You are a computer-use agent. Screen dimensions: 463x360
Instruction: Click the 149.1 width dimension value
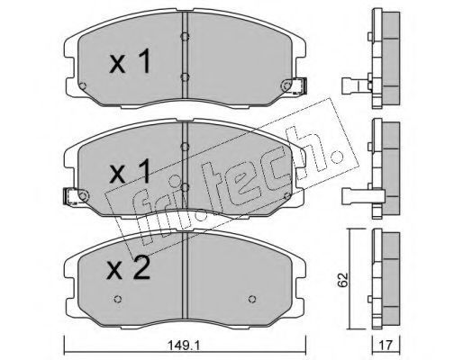click(x=184, y=346)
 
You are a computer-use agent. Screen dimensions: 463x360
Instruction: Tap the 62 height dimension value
click(x=342, y=280)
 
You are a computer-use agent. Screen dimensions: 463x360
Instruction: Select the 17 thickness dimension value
click(x=386, y=346)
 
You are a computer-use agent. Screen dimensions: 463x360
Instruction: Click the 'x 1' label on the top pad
click(x=130, y=61)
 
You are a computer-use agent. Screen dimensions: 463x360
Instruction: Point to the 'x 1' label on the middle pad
click(x=130, y=171)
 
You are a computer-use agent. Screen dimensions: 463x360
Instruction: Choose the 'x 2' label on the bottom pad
click(x=129, y=268)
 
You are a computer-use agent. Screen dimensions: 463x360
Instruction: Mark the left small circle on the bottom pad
click(x=118, y=299)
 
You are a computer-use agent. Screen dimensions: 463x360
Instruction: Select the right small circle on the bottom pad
click(x=252, y=299)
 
